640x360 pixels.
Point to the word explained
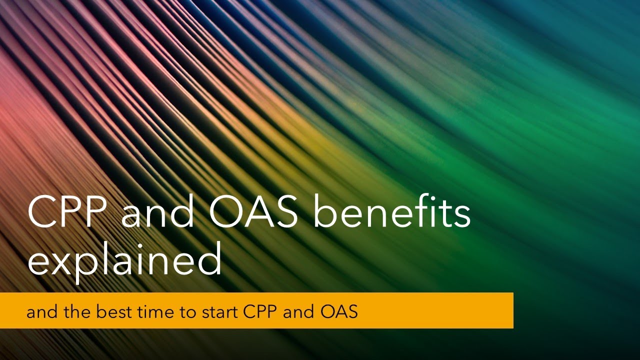pos(124,261)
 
